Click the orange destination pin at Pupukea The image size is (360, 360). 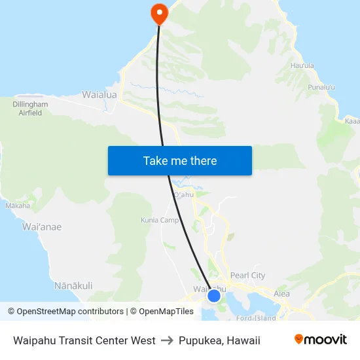pyautogui.click(x=159, y=12)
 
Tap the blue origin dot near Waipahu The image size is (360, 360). pyautogui.click(x=213, y=296)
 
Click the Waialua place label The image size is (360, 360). pyautogui.click(x=99, y=95)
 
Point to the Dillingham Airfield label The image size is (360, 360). pyautogui.click(x=30, y=109)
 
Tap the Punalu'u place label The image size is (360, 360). pyautogui.click(x=322, y=87)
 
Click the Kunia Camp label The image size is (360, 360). pyautogui.click(x=160, y=221)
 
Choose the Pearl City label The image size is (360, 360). pyautogui.click(x=248, y=276)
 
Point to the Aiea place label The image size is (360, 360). pyautogui.click(x=281, y=294)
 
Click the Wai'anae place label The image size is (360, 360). pyautogui.click(x=42, y=227)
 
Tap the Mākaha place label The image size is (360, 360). pyautogui.click(x=18, y=206)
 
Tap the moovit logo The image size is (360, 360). pyautogui.click(x=321, y=340)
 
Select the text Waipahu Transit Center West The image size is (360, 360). pyautogui.click(x=84, y=340)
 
